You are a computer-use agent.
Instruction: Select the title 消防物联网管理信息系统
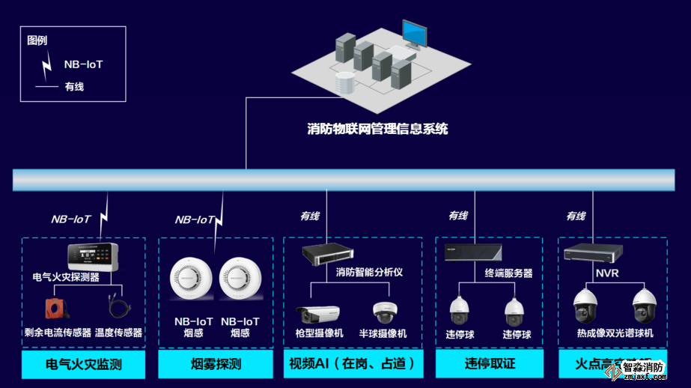pos(377,129)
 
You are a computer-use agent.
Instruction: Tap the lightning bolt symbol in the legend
pos(47,66)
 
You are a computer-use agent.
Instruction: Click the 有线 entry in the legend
pos(74,87)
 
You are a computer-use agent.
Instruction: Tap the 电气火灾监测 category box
pos(84,365)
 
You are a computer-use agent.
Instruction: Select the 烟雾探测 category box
pos(216,365)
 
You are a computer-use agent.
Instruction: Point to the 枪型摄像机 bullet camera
pos(317,313)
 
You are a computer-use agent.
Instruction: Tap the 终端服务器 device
pos(472,252)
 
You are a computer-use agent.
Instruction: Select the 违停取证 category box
pos(490,365)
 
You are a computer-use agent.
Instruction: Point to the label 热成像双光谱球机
pos(615,333)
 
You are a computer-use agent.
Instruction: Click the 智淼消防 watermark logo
pos(643,369)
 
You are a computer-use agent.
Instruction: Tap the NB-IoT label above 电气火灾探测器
pos(71,219)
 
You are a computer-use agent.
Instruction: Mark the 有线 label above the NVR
pos(576,216)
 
